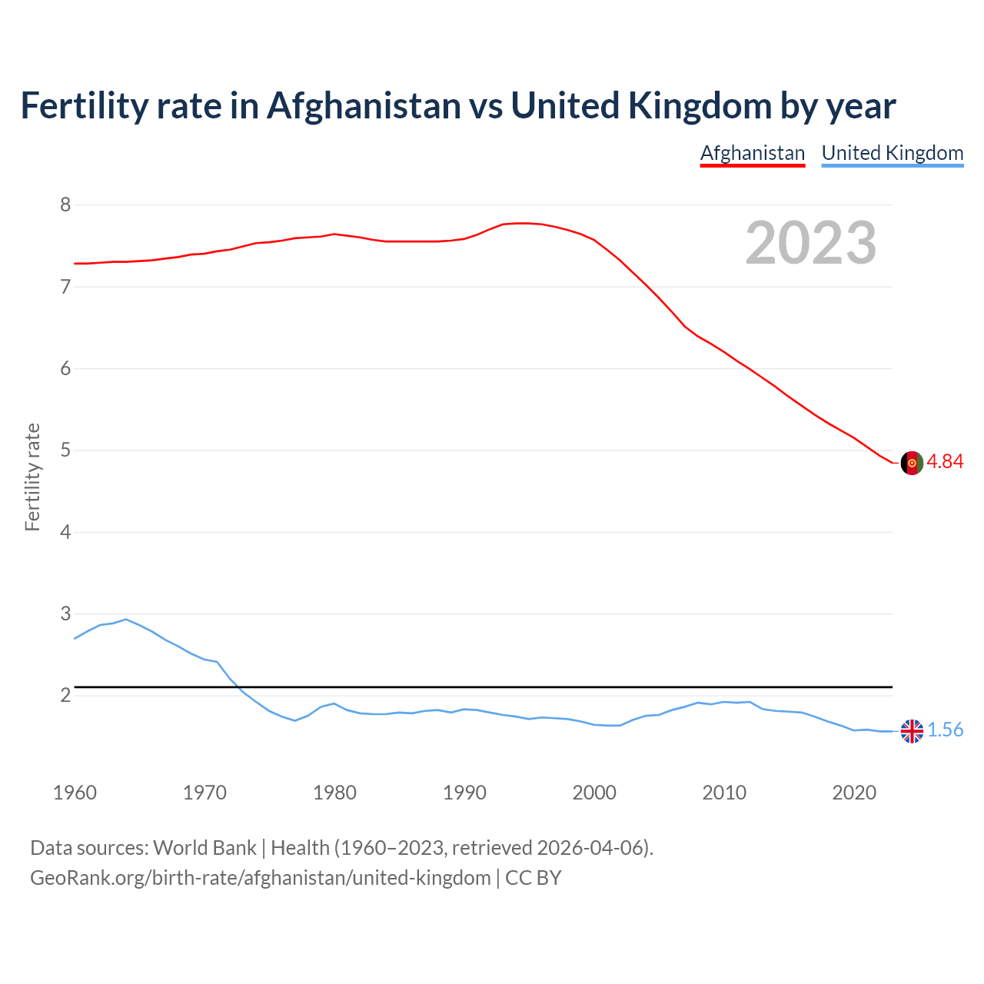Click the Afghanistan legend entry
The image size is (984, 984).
pyautogui.click(x=752, y=153)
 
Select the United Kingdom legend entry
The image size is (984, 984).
pyautogui.click(x=892, y=153)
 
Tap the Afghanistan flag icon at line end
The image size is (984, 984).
pyautogui.click(x=911, y=463)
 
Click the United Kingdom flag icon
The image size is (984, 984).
pyautogui.click(x=911, y=731)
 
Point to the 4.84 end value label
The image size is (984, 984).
pyautogui.click(x=945, y=461)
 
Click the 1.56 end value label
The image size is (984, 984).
pyautogui.click(x=945, y=730)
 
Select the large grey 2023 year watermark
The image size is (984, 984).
pyautogui.click(x=810, y=243)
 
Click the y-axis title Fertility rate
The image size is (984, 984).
pyautogui.click(x=32, y=477)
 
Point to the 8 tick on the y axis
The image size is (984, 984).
pyautogui.click(x=65, y=204)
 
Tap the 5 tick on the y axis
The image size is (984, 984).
pyautogui.click(x=65, y=450)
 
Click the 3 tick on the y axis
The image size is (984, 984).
pyautogui.click(x=65, y=613)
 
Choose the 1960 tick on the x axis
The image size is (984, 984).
pyautogui.click(x=75, y=793)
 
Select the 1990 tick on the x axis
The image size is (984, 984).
pyautogui.click(x=464, y=793)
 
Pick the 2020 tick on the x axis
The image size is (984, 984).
pyautogui.click(x=854, y=793)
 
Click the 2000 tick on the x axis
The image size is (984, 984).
pyautogui.click(x=594, y=793)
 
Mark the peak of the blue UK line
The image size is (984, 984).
pyautogui.click(x=126, y=619)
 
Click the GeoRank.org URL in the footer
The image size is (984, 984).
pyautogui.click(x=260, y=877)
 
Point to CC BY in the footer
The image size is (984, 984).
pyautogui.click(x=533, y=877)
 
